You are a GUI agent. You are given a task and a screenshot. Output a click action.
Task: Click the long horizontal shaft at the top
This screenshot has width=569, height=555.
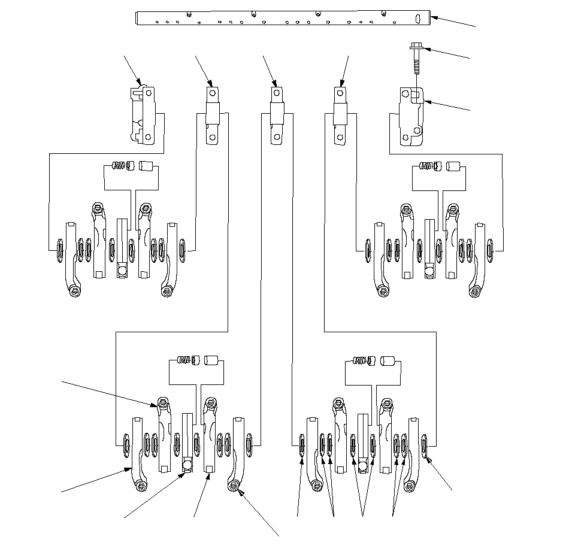tap(282, 18)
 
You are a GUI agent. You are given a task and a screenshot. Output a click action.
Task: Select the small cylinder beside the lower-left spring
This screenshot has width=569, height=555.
tap(211, 360)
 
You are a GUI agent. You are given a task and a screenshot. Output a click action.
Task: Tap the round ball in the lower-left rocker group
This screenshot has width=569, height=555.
tap(187, 465)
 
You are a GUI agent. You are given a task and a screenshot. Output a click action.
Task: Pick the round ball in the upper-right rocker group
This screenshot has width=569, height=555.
tap(429, 271)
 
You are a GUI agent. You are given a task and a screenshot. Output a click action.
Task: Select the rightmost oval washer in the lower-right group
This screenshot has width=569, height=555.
tap(425, 445)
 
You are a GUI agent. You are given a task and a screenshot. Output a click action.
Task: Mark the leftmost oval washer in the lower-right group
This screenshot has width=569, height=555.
tap(302, 446)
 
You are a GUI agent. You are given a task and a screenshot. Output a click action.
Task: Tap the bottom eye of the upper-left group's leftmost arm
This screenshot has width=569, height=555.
tap(73, 291)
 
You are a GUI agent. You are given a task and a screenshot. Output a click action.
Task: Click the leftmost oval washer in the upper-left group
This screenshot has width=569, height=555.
tap(59, 250)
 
